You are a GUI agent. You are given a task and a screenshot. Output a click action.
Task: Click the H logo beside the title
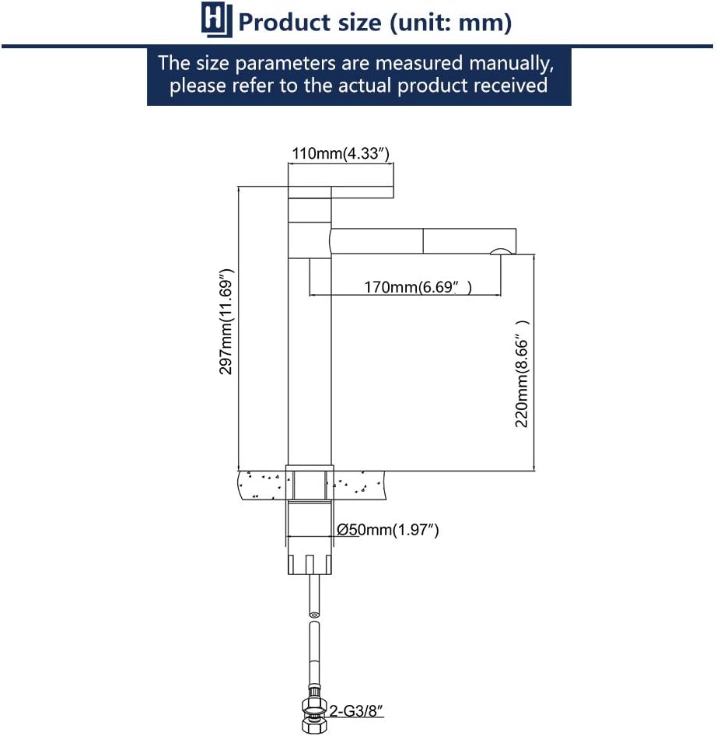click(x=216, y=19)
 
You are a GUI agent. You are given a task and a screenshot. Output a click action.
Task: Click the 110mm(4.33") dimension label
click(x=341, y=153)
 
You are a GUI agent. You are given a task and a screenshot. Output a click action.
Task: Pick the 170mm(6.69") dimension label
click(x=418, y=286)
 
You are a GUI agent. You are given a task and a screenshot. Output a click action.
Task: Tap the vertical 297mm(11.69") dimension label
click(x=226, y=322)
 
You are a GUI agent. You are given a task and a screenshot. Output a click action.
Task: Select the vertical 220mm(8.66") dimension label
click(x=522, y=374)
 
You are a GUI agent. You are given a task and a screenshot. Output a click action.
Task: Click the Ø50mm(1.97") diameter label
click(x=387, y=530)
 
